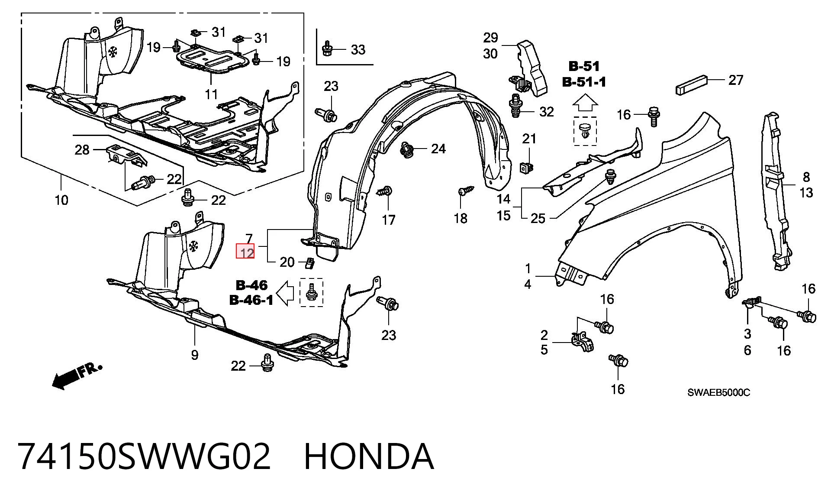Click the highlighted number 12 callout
tap(245, 251)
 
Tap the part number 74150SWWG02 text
tap(145, 456)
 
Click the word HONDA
tap(369, 456)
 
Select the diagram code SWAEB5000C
tap(719, 392)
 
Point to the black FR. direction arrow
tap(76, 375)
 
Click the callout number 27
tap(736, 80)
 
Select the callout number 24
tap(438, 149)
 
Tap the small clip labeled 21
tap(525, 166)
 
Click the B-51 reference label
tap(584, 66)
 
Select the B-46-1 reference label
tap(251, 300)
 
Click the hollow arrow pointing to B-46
tap(286, 293)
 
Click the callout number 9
tap(195, 355)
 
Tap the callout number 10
tap(61, 200)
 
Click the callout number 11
tap(211, 94)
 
